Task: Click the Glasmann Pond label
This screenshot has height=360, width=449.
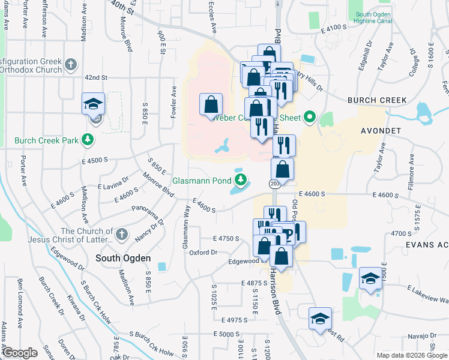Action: [x=202, y=180]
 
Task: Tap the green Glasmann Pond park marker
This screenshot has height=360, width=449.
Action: [x=241, y=179]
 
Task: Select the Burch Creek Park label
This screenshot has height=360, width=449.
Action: [x=47, y=140]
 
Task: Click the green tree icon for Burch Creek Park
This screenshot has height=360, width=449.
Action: [x=88, y=140]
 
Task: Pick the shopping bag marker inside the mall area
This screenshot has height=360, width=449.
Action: [x=211, y=105]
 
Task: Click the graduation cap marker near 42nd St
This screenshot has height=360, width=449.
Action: [x=93, y=104]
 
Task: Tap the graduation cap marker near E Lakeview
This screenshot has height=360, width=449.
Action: [x=370, y=278]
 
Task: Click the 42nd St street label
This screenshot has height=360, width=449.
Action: [x=95, y=78]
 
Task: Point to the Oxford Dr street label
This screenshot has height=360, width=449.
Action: [x=203, y=253]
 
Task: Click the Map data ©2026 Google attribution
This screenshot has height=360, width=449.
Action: [x=411, y=355]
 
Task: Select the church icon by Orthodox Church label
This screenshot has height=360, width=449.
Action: [x=71, y=65]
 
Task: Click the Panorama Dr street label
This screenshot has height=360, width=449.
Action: [x=147, y=209]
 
